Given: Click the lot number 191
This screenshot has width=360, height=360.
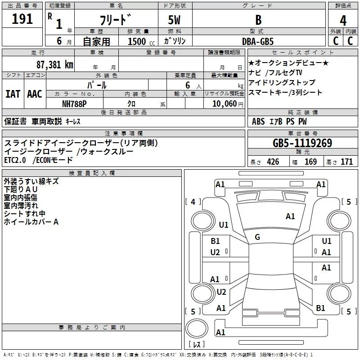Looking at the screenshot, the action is (22, 19).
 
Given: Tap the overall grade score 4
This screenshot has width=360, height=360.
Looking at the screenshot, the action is (343, 21).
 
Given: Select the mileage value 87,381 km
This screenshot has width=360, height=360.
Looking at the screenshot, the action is (55, 65).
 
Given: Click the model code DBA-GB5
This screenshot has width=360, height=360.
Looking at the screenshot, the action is (258, 41).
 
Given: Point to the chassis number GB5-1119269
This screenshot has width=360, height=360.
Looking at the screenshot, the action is (302, 143).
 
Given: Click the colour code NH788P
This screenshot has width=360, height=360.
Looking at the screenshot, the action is (74, 104).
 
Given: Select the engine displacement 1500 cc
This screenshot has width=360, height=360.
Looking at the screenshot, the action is (141, 41).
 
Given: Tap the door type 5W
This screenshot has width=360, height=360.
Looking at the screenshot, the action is (174, 20).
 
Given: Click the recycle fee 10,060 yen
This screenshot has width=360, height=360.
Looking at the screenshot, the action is (228, 104).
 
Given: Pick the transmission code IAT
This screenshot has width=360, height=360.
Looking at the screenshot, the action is (13, 94).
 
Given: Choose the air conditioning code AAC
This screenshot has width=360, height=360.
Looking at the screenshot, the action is (35, 94).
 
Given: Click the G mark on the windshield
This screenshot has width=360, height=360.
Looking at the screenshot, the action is (257, 237).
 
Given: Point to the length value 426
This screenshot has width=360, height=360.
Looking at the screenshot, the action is (273, 162).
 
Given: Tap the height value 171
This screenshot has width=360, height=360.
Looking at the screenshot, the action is (346, 162).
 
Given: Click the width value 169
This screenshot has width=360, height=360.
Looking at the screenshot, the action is (310, 162).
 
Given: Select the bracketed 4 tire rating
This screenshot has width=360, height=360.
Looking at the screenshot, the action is (193, 202).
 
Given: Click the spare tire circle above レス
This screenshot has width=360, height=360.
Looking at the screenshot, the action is (197, 328).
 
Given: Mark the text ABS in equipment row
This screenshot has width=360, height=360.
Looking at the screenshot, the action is (258, 121).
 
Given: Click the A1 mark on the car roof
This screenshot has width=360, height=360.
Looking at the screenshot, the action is (290, 216).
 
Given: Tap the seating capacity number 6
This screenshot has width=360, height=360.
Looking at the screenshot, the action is (188, 85).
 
